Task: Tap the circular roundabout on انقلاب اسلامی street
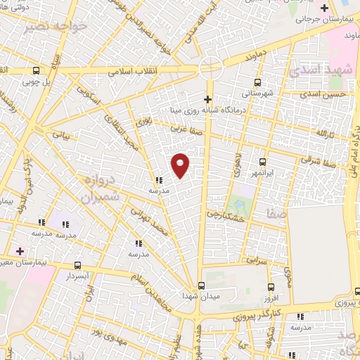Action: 210,68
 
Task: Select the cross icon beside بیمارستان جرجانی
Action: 323,8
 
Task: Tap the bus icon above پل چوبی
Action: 36,70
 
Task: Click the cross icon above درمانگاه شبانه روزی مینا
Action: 207,99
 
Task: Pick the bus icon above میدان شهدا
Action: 202,285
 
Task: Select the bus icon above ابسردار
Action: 77,266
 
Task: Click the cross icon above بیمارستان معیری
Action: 20,250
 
